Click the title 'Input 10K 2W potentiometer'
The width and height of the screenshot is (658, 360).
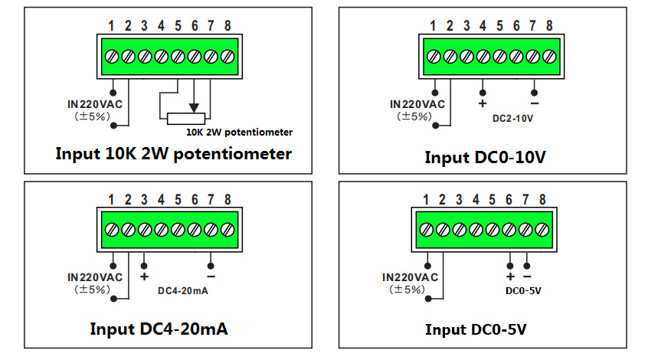173,153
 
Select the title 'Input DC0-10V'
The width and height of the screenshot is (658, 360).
486,157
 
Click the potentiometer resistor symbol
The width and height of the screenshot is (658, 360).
186,118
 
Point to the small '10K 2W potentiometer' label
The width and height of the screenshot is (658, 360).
239,132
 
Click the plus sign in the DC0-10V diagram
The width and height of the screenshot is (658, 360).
483,103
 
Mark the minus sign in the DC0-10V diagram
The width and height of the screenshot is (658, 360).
534,103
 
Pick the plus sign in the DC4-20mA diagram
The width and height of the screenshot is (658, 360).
144,275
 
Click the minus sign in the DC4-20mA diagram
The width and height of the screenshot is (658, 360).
211,275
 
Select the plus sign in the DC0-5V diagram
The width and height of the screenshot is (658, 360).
510,276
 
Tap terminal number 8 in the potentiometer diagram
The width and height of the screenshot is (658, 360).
228,27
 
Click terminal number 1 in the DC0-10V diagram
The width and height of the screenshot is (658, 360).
433,26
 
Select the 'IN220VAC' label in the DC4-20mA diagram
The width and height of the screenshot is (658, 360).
95,277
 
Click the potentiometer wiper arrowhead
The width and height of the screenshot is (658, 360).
195,107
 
